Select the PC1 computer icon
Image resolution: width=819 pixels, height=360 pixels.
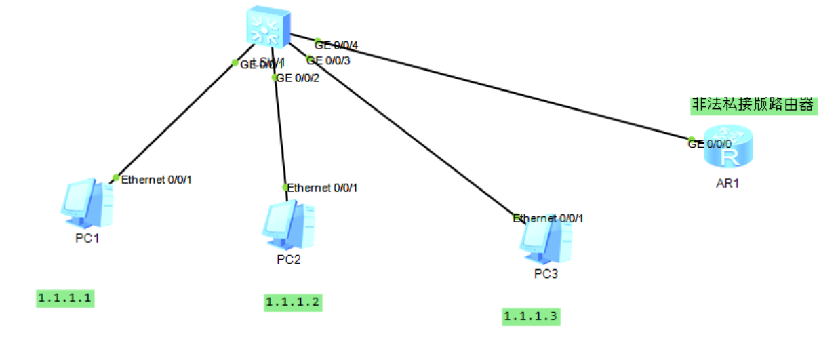click(86, 203)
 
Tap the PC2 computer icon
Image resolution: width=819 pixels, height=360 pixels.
click(288, 225)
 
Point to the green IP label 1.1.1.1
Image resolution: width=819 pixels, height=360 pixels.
click(65, 298)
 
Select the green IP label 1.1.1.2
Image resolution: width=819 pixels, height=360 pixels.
click(293, 302)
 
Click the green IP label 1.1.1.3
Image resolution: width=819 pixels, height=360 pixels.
click(532, 316)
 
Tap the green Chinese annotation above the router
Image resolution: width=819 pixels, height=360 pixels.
click(751, 104)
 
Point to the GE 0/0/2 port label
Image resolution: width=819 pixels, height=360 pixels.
click(298, 77)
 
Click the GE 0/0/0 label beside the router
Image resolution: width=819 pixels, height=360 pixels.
click(710, 144)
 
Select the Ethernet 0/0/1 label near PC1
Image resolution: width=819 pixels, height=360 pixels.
click(157, 180)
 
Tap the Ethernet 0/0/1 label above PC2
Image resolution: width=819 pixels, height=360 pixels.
click(323, 188)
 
